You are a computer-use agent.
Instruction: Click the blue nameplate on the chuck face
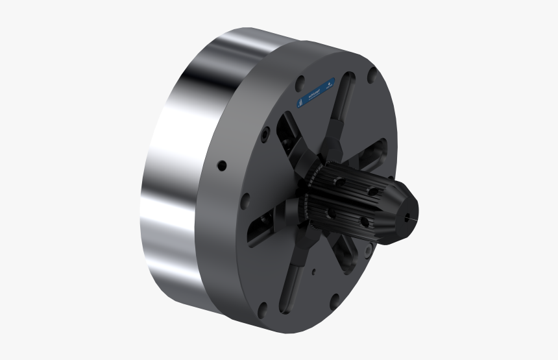316,94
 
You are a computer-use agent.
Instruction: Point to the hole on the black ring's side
222,165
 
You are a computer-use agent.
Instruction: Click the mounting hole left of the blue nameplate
300,83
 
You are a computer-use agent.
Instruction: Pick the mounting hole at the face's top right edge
372,77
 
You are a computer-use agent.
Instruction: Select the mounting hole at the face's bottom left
261,311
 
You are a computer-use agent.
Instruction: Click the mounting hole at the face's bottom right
333,299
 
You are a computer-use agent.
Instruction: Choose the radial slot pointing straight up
344,104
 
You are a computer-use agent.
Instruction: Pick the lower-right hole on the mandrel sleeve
365,222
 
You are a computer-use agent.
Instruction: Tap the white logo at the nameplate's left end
300,103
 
